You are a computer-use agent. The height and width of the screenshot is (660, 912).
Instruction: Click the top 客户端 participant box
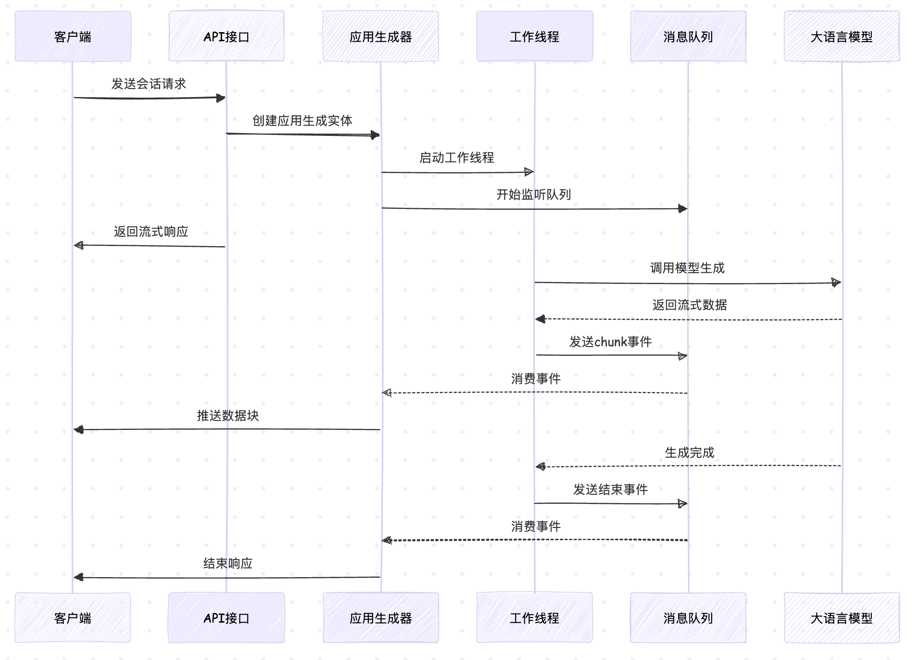pyautogui.click(x=72, y=36)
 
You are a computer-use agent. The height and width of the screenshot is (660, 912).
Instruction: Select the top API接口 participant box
pyautogui.click(x=226, y=36)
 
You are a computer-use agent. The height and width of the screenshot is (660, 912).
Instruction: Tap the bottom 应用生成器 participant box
pyautogui.click(x=381, y=618)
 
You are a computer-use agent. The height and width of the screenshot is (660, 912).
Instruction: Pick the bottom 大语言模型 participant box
pyautogui.click(x=841, y=618)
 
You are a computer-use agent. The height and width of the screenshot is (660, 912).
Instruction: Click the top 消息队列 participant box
pyautogui.click(x=688, y=36)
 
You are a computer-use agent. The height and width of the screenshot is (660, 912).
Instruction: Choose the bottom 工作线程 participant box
pyautogui.click(x=534, y=618)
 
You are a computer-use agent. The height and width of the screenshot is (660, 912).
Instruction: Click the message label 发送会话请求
pyautogui.click(x=149, y=84)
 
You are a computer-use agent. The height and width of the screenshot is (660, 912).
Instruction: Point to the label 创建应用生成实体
pyautogui.click(x=302, y=121)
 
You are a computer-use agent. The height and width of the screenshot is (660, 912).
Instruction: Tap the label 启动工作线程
pyautogui.click(x=456, y=158)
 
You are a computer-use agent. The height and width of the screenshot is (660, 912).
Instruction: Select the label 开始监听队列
pyautogui.click(x=534, y=195)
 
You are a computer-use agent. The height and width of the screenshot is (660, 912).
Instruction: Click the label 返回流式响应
pyautogui.click(x=151, y=232)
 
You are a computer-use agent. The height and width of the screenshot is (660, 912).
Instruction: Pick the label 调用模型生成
pyautogui.click(x=687, y=268)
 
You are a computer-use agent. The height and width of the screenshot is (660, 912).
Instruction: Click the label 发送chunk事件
pyautogui.click(x=610, y=342)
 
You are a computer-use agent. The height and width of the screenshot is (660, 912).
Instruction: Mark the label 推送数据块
pyautogui.click(x=228, y=416)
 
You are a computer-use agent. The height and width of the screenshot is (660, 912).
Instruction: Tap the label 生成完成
pyautogui.click(x=689, y=453)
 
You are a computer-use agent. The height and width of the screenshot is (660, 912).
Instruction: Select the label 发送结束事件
pyautogui.click(x=610, y=490)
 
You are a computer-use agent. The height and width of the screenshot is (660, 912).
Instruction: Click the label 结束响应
pyautogui.click(x=228, y=563)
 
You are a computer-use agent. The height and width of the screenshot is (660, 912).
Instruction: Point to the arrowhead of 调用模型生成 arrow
pyautogui.click(x=836, y=283)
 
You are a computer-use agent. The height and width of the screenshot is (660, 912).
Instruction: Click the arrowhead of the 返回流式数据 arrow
pyautogui.click(x=540, y=319)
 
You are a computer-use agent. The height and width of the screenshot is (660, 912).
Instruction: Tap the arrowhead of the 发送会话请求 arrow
pyautogui.click(x=221, y=98)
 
